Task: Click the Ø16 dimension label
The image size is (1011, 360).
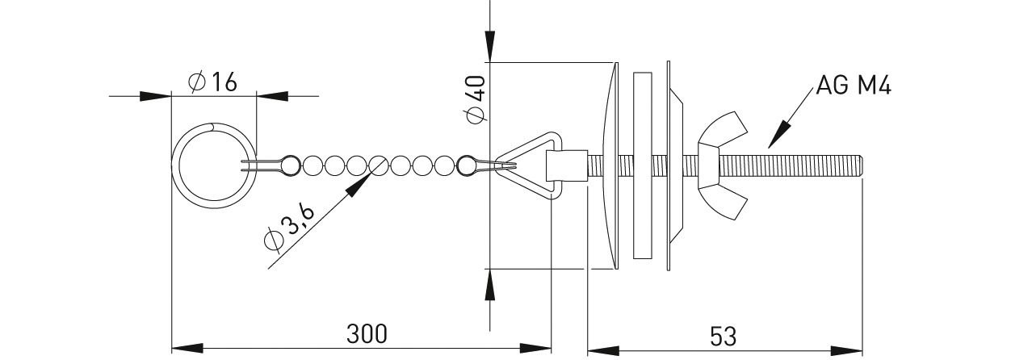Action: pos(212,82)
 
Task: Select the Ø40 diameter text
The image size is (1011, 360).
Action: pos(476,99)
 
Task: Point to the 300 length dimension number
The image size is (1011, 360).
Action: pos(367,334)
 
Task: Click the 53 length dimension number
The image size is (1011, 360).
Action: pos(724,336)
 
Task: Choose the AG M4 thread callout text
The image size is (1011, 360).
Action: pos(854,86)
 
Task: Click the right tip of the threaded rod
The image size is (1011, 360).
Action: pos(863,166)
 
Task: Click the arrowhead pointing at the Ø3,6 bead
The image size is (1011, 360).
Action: pos(359,186)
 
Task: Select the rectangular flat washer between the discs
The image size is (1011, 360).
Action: pos(642,165)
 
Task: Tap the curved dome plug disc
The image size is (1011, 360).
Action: pos(611,165)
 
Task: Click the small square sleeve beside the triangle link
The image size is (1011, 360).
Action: pos(567,165)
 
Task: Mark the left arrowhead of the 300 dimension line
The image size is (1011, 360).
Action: pos(187,348)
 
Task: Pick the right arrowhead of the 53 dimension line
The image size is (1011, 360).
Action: pos(847,351)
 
